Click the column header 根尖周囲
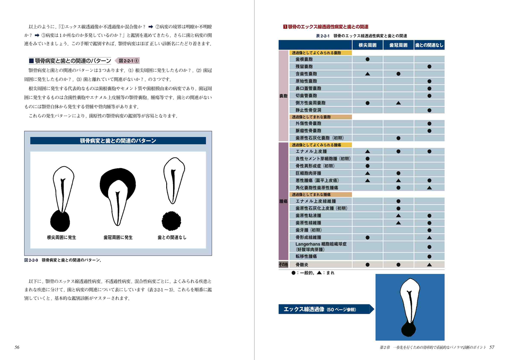(x=367, y=45)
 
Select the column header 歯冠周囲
(x=398, y=45)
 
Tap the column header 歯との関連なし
(x=429, y=45)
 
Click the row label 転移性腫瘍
(x=306, y=256)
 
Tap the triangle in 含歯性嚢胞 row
(x=367, y=74)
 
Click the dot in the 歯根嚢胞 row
(x=367, y=59)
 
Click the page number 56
(x=17, y=347)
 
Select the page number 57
(x=492, y=347)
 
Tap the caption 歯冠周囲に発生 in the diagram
(x=118, y=238)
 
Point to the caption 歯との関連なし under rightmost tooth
(x=172, y=238)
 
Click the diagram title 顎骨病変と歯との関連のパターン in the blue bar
(x=118, y=141)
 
